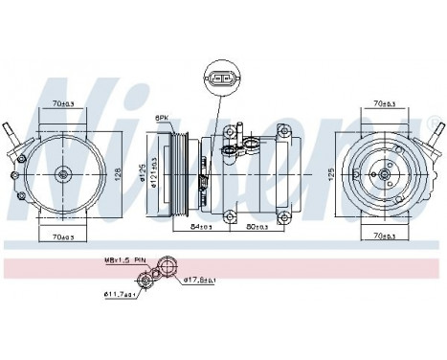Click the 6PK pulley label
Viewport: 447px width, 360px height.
(164, 117)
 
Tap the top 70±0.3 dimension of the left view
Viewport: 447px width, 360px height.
(65, 103)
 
